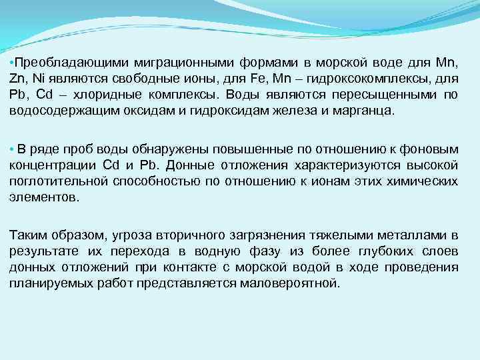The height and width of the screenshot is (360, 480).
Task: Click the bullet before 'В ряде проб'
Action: click(x=13, y=148)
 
